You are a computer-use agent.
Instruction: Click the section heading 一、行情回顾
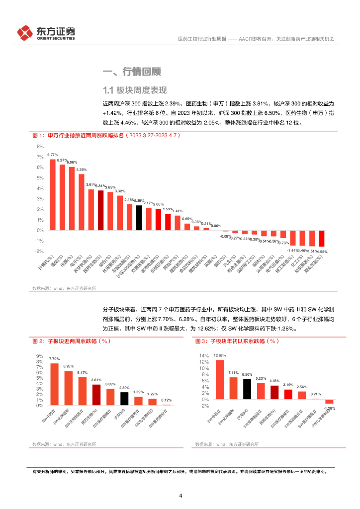coord(131,72)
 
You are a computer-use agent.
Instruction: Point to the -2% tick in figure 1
coord(39,252)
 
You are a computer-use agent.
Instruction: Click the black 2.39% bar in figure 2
coord(124,399)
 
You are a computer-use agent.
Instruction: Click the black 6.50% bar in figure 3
coord(247,389)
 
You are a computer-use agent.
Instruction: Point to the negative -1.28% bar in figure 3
coord(329,402)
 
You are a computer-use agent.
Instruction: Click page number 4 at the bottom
coord(180,496)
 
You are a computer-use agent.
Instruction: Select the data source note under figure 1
coord(64,288)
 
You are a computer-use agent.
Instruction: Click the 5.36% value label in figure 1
coord(82,170)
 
